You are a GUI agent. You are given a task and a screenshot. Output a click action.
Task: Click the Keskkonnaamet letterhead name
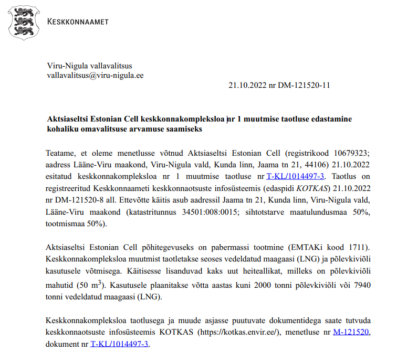point(78,22)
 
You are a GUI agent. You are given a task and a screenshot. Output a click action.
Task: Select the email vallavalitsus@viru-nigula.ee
point(95,75)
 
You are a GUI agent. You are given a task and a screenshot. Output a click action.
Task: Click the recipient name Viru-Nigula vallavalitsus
point(90,65)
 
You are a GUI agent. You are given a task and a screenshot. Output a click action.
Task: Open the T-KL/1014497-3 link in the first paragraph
point(296,176)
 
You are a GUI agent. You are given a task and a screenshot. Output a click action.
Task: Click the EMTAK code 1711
point(358,247)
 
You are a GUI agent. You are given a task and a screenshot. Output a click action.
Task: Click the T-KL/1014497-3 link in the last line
point(120,344)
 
